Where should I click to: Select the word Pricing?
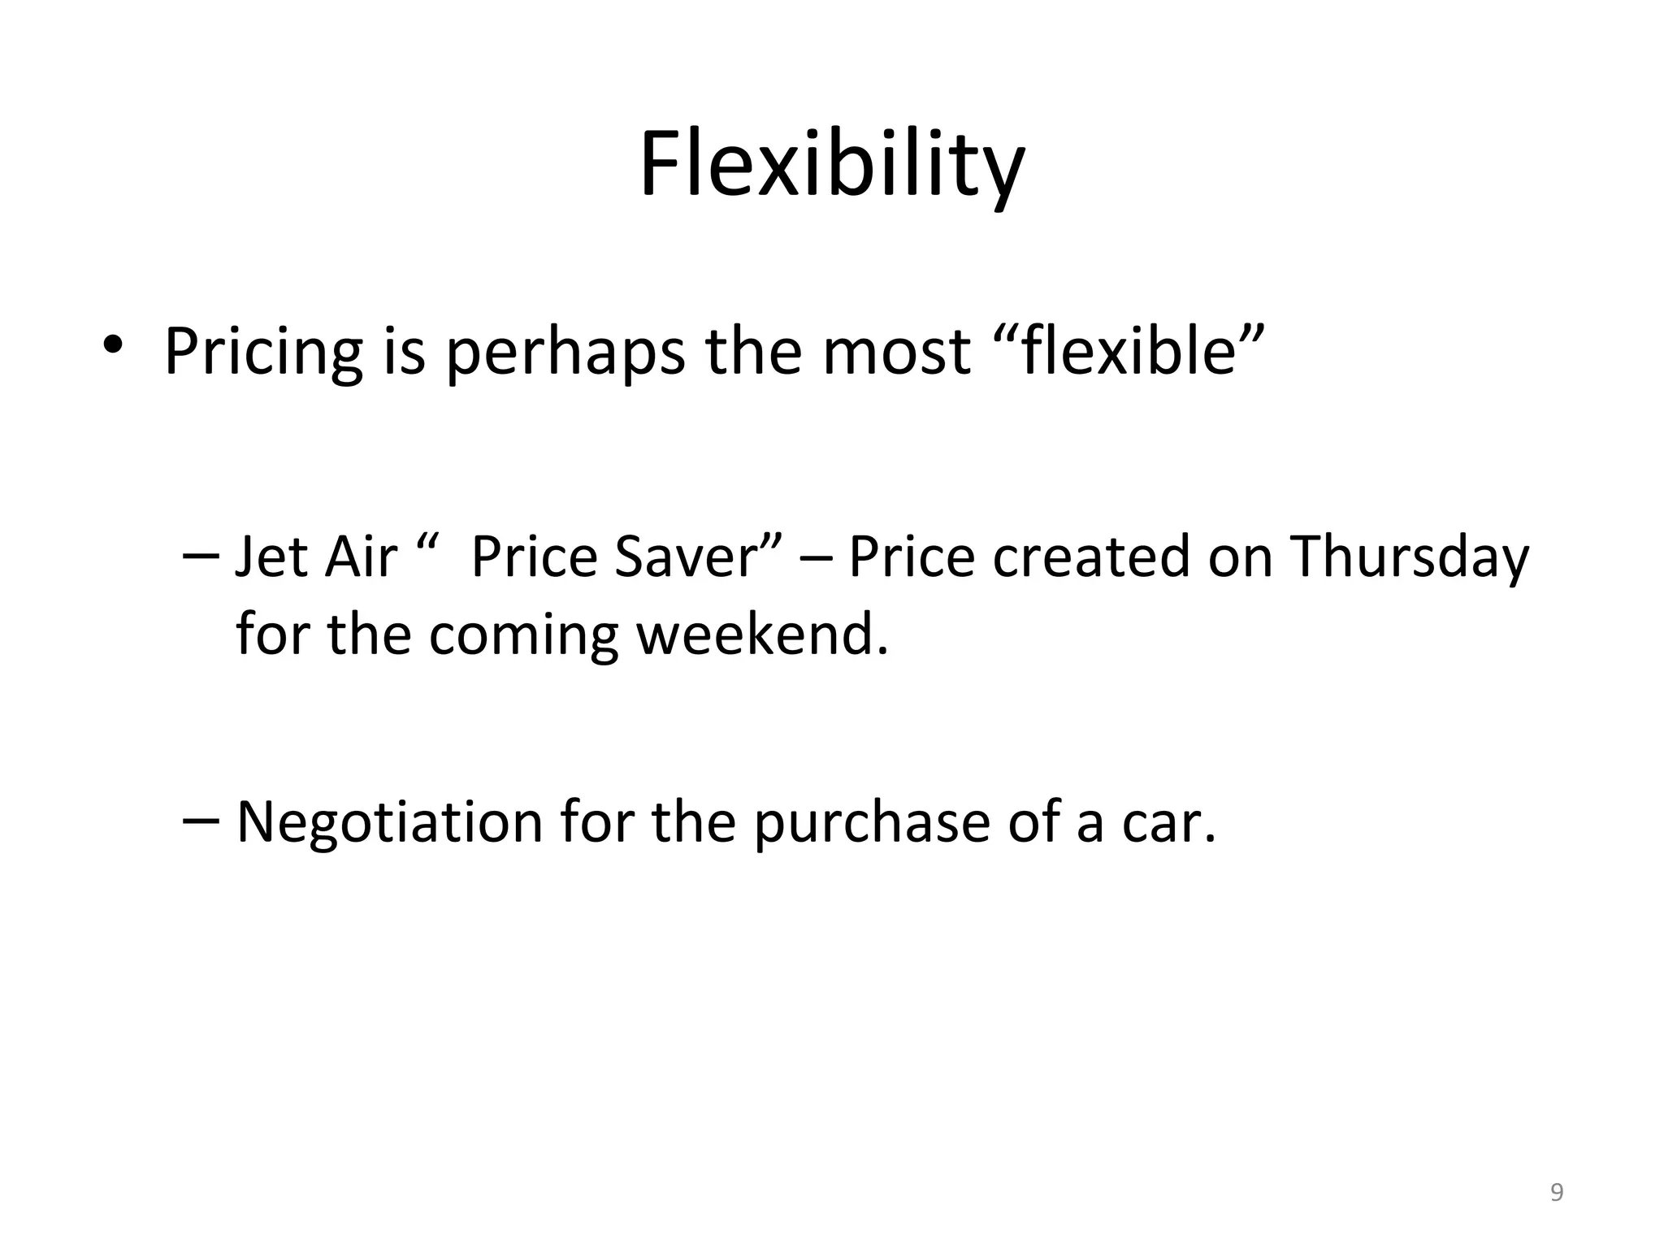coord(263,352)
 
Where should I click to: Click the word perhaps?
coord(565,352)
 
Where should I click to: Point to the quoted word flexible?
coord(1129,352)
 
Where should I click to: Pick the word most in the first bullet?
coord(895,352)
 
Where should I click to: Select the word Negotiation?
coord(389,822)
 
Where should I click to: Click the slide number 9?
coord(1557,1192)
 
